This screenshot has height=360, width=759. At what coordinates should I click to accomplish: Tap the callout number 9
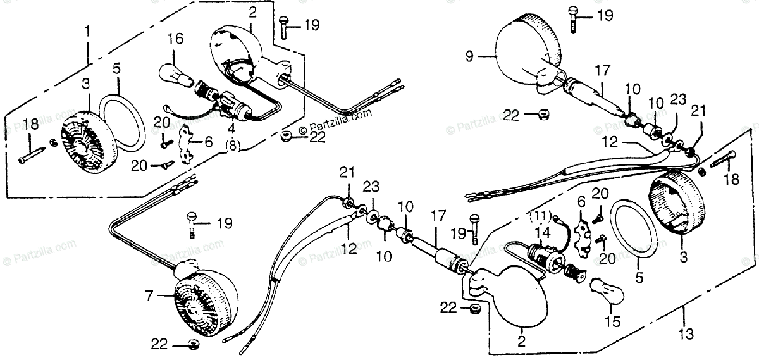pos(469,56)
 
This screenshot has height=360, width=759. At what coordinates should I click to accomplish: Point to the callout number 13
pos(687,333)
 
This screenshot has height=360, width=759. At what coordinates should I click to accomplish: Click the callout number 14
pos(540,233)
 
